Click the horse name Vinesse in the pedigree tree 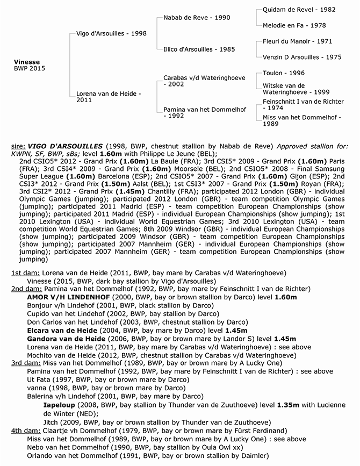click(x=27, y=62)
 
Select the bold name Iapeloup click(x=60, y=405)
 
